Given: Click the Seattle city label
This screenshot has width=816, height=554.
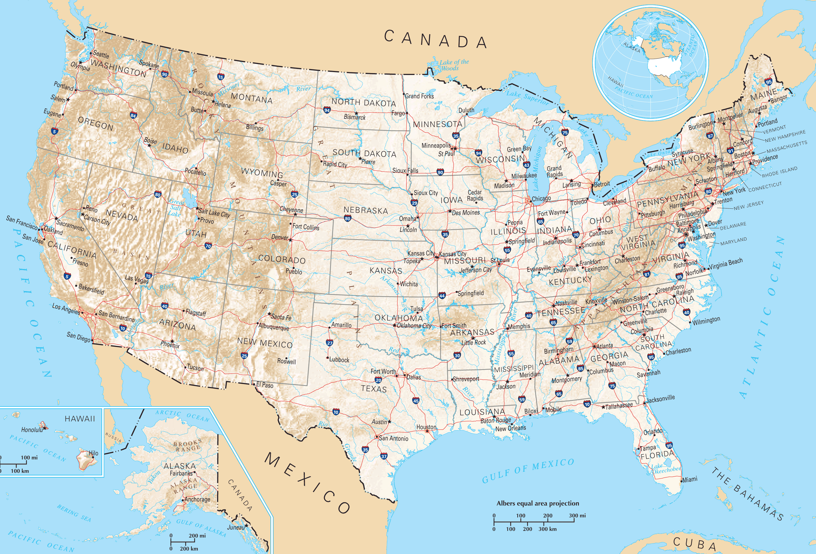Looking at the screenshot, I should [x=101, y=55].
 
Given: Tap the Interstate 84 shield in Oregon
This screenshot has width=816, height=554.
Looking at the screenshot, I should [x=133, y=115].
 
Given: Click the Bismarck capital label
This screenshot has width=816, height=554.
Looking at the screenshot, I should [x=355, y=117].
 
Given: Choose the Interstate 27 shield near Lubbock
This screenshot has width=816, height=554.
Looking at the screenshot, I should [x=329, y=343].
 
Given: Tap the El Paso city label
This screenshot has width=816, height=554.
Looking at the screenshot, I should [x=264, y=385].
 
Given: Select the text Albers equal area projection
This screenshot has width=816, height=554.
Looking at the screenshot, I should [x=538, y=503].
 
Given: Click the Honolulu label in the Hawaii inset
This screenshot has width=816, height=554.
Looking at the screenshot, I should [x=32, y=430].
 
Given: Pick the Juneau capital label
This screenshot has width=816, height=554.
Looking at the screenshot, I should [x=236, y=527].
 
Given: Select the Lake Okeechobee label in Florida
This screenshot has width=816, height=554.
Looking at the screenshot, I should [x=666, y=468].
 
